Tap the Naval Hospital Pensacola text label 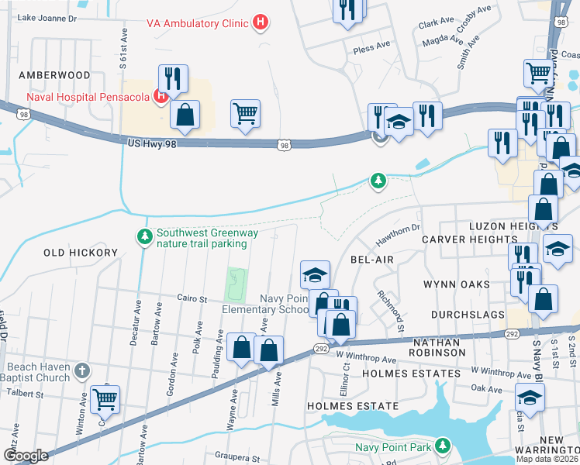[x=88, y=97]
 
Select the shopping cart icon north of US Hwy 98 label [x=245, y=114]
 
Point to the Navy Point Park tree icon [x=442, y=446]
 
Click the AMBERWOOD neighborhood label [x=55, y=75]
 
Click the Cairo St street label [x=193, y=298]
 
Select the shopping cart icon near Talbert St [x=105, y=400]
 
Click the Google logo [x=25, y=456]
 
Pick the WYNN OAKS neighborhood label [x=456, y=284]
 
